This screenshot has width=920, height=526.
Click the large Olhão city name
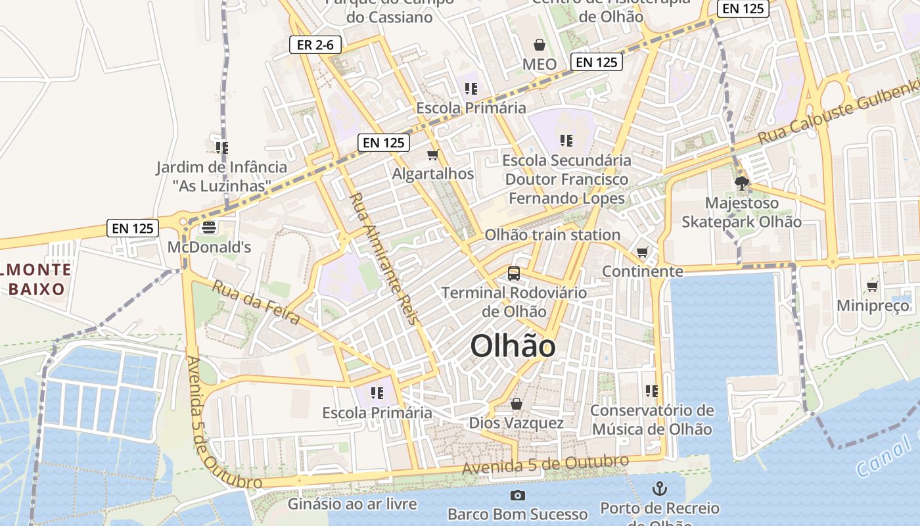point(513,347)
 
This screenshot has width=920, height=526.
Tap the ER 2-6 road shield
point(315,45)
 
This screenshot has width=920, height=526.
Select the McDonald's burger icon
point(210,227)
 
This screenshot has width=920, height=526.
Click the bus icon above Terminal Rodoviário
point(514,273)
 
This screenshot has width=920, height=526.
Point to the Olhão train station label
point(552,235)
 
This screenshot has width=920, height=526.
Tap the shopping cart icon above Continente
point(643,252)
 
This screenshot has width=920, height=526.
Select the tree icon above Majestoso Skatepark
point(742,183)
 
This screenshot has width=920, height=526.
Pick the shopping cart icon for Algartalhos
point(432,155)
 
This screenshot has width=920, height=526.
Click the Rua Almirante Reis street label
point(383,258)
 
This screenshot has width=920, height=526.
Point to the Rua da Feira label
point(256,302)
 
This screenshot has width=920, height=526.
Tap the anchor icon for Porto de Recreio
point(659,489)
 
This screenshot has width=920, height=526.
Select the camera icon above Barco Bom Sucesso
point(517,495)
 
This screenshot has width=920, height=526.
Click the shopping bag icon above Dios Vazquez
point(517,404)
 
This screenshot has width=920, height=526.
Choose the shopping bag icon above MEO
point(540,45)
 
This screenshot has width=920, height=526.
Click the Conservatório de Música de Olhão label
point(651,419)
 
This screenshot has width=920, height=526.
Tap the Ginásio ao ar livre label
point(352,504)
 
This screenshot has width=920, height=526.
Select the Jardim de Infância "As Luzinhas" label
point(221,176)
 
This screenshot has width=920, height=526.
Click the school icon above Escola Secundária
point(566,140)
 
